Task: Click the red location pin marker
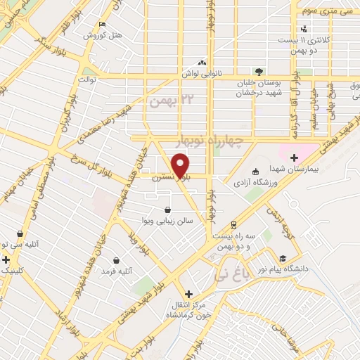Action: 181,167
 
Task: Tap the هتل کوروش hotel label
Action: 103,34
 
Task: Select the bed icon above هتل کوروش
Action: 103,25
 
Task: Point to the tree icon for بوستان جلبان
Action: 259,72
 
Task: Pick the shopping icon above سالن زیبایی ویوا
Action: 167,210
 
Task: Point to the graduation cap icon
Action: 283,258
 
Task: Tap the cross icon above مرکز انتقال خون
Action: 188,294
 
